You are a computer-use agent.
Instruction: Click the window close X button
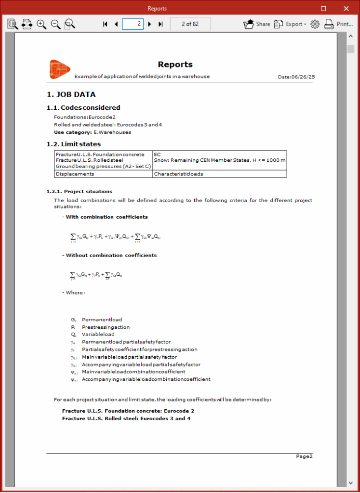pos(346,9)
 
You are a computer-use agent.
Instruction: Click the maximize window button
pos(323,9)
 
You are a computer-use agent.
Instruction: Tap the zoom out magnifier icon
pos(56,24)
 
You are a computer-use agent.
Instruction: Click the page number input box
pos(133,24)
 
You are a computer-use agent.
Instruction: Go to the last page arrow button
pos(160,24)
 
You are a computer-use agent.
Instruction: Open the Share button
pos(257,24)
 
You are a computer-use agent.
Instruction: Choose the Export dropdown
pos(290,24)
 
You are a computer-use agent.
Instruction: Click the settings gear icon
pos(315,24)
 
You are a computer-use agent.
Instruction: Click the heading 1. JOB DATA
pos(71,95)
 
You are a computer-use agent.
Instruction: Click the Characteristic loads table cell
pos(178,174)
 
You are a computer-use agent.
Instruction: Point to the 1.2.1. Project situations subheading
pos(80,192)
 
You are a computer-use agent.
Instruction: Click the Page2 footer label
pos(304,456)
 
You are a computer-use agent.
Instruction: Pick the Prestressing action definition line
pos(99,327)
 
